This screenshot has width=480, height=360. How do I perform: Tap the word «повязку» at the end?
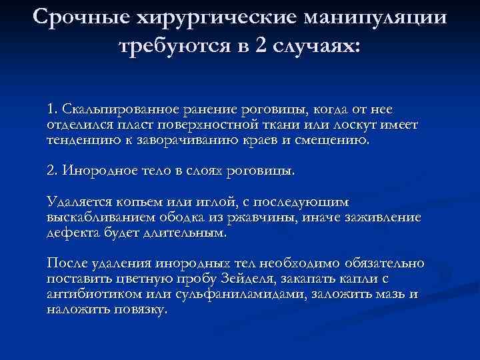tap(142, 311)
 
